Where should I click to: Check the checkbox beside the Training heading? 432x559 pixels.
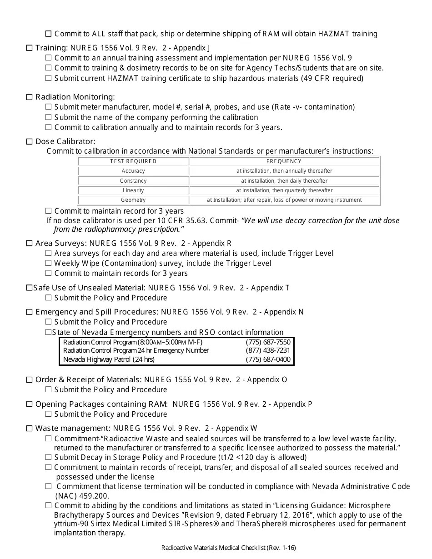pyautogui.click(x=30, y=48)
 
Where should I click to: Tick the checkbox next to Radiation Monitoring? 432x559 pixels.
pyautogui.click(x=30, y=97)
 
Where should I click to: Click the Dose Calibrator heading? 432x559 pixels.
pyautogui.click(x=65, y=141)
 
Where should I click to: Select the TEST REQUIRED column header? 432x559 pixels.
pyautogui.click(x=133, y=161)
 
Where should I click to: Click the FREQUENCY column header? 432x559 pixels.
pyautogui.click(x=284, y=161)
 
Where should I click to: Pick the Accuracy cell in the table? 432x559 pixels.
pyautogui.click(x=133, y=171)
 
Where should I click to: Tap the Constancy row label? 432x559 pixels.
pyautogui.click(x=133, y=181)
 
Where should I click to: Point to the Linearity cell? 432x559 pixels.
pyautogui.click(x=133, y=190)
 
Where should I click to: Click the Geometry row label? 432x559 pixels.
pyautogui.click(x=133, y=200)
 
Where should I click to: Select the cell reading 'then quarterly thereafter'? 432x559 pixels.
pyautogui.click(x=284, y=190)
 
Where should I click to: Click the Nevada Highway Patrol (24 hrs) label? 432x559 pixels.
pyautogui.click(x=109, y=359)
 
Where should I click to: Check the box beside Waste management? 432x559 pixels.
pyautogui.click(x=30, y=428)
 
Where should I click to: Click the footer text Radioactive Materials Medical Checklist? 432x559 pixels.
pyautogui.click(x=231, y=548)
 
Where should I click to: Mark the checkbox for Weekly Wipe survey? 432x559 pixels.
pyautogui.click(x=49, y=263)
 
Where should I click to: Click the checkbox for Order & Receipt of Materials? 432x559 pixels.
pyautogui.click(x=30, y=379)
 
